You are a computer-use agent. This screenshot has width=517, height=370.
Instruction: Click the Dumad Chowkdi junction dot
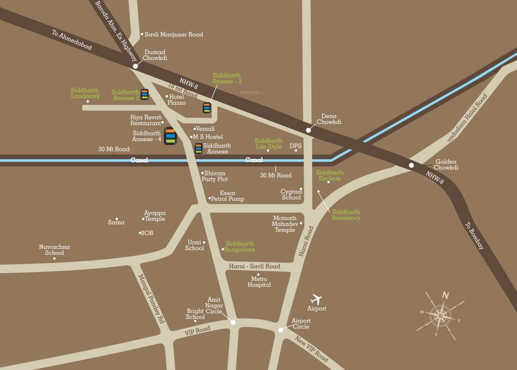point(136,66)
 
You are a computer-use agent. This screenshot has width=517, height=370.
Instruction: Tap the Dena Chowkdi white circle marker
point(308,130)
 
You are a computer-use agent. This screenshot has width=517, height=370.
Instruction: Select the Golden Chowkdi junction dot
point(411,165)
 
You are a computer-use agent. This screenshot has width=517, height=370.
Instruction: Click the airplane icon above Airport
point(316,299)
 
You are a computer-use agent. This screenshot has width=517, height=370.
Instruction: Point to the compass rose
point(440,316)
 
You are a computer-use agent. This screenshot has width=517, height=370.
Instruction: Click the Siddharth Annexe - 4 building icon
point(170,136)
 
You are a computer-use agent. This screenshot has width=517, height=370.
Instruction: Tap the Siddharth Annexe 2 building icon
point(144,94)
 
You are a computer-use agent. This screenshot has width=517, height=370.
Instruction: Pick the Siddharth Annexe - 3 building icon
point(207,107)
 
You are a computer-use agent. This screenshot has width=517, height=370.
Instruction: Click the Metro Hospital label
point(259,282)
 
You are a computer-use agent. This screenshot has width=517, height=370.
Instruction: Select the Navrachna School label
point(54,250)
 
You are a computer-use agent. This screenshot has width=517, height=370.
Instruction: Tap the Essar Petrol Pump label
point(228,196)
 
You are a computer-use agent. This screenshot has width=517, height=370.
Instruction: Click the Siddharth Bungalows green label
point(240,247)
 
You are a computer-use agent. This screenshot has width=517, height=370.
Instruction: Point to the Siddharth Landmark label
point(85,93)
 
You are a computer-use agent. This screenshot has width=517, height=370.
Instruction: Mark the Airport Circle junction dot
point(281,330)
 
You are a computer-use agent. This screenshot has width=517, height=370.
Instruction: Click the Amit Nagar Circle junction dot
point(233,322)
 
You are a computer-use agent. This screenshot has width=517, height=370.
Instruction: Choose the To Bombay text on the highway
point(475,235)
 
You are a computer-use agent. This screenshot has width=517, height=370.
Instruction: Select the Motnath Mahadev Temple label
point(285,224)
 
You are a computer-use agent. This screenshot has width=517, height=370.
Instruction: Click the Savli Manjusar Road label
point(174,35)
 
